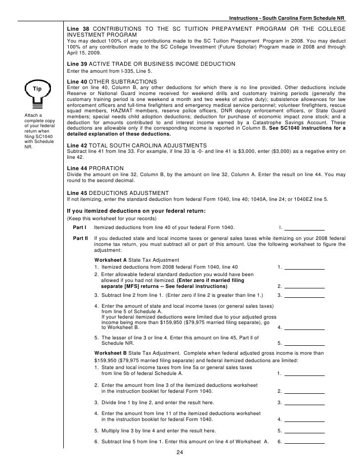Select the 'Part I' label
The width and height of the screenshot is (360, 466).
click(80, 227)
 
